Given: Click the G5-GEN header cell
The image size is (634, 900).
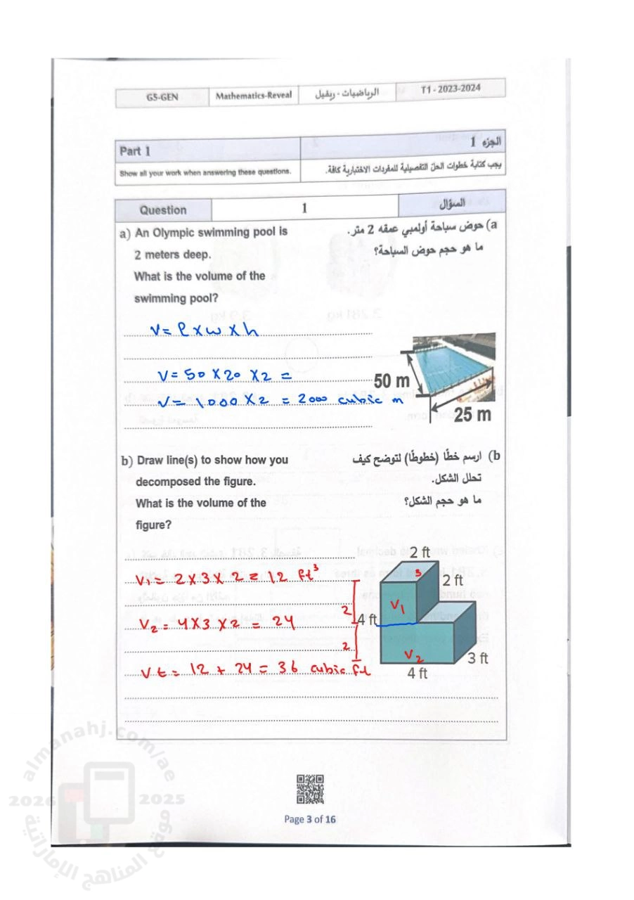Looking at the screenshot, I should pyautogui.click(x=162, y=97).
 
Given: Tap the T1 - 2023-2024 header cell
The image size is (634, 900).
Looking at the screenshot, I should pyautogui.click(x=451, y=90).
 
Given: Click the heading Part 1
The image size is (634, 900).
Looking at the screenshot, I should pyautogui.click(x=135, y=151).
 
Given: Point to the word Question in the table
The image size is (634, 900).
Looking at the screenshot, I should pyautogui.click(x=163, y=210).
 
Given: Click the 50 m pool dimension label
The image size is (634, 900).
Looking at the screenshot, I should pyautogui.click(x=392, y=381).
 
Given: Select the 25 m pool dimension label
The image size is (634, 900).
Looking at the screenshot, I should pyautogui.click(x=472, y=415).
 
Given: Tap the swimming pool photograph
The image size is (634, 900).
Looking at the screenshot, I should pyautogui.click(x=455, y=364).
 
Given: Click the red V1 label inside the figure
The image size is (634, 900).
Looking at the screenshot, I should pyautogui.click(x=398, y=605).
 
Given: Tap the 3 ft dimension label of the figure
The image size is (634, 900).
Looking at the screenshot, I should pyautogui.click(x=478, y=659).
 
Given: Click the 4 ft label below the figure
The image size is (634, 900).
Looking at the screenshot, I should pyautogui.click(x=418, y=673).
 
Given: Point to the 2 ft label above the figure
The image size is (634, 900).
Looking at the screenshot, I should pyautogui.click(x=420, y=552).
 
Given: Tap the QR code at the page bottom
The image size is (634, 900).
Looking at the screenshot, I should pyautogui.click(x=310, y=789).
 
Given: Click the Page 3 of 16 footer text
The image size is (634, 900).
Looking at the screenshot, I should pyautogui.click(x=310, y=819).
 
